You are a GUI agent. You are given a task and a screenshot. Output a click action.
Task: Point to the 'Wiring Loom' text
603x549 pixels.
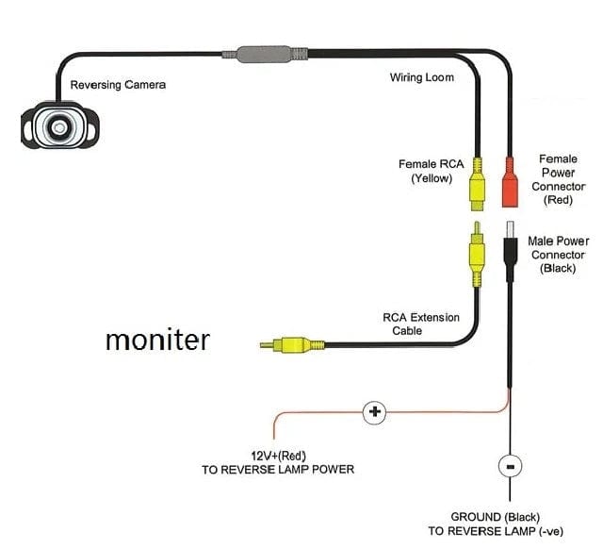point(421,77)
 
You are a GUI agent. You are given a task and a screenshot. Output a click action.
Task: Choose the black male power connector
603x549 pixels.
point(510,250)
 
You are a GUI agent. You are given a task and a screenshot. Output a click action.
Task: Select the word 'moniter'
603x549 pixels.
point(156,339)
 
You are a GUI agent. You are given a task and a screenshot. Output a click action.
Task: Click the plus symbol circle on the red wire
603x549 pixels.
point(374,411)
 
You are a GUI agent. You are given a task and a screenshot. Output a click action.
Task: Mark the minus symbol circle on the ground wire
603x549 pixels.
point(510,466)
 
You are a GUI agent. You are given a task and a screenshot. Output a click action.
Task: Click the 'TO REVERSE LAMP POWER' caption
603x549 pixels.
point(278,469)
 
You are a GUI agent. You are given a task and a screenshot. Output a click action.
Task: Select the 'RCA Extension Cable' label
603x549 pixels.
point(421,324)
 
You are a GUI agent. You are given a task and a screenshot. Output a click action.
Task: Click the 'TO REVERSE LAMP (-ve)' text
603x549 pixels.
point(510,532)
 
